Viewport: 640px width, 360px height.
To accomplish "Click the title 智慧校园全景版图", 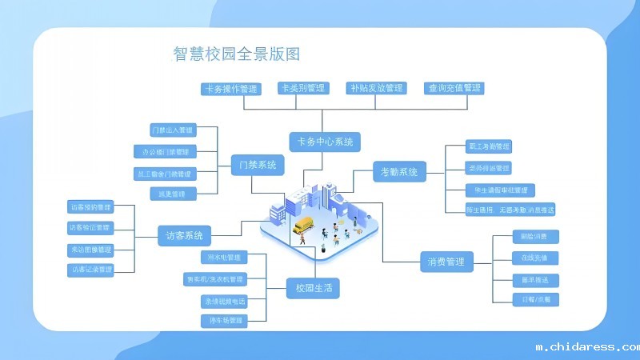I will [x=237, y=54].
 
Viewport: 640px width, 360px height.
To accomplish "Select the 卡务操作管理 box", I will [x=231, y=89].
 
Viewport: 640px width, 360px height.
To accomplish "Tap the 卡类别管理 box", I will [x=302, y=88].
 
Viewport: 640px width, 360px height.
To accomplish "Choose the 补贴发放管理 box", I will [x=375, y=88].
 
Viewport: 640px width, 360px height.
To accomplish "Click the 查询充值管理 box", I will [x=454, y=88].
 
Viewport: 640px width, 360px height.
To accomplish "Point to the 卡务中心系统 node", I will [x=324, y=142].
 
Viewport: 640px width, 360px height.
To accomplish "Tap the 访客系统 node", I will [x=184, y=236].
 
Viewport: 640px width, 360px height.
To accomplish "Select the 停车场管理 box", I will [x=225, y=321].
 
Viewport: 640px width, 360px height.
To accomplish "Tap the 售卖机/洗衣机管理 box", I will [x=215, y=279].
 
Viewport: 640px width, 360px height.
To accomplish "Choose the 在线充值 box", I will [x=534, y=258].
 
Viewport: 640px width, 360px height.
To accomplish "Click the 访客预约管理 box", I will [x=90, y=206].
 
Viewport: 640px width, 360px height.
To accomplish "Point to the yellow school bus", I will [x=304, y=226].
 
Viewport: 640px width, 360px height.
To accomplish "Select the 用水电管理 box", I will [x=225, y=258].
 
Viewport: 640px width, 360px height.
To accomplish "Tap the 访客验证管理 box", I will [x=90, y=228].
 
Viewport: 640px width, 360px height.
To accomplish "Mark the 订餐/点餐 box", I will [x=534, y=300].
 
